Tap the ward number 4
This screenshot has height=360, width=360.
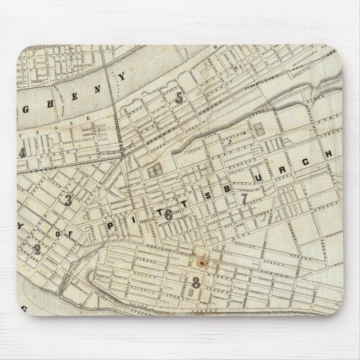coord(23,154)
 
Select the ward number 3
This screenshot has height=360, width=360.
coord(68,201)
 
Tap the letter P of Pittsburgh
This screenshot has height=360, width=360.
coord(110,226)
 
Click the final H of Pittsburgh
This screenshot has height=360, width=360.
coord(329,153)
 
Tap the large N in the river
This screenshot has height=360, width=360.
coord(85,84)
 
